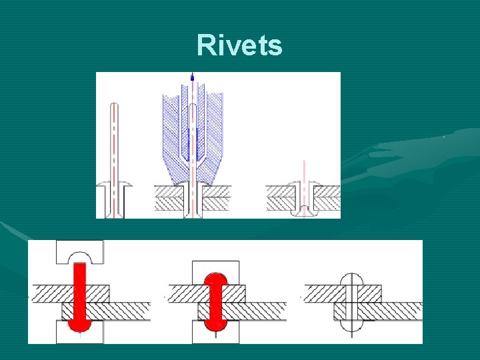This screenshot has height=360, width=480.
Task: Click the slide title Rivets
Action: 239,46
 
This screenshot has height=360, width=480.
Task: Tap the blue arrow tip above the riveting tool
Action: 192,76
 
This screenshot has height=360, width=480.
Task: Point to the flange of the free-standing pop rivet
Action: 114,187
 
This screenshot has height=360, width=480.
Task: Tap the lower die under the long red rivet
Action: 79,333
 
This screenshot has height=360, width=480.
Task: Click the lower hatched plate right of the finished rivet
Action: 393,311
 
